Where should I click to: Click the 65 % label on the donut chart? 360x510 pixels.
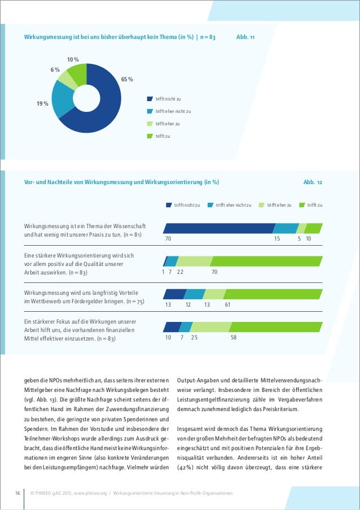coord(127,80)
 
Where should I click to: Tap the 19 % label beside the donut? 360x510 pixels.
coord(42,104)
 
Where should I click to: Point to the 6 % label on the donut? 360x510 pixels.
coord(55,69)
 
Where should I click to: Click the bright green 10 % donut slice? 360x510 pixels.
coord(77,73)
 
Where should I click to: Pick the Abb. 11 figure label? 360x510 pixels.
coord(245,37)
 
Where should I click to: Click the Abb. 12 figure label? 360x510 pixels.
coord(313,182)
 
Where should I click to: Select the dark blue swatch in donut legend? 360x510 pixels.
coord(150,99)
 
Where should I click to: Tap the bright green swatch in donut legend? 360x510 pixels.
coord(150,136)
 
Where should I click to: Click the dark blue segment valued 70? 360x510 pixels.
coord(219,228)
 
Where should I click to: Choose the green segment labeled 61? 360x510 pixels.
coord(273,294)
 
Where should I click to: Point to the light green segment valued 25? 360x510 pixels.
coord(211,327)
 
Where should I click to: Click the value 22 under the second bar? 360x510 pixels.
coord(180,272)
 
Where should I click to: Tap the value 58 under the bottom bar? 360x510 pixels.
coord(234,337)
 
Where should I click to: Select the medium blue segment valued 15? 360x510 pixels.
coord(286,228)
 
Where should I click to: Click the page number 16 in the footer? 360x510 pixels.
coord(17,493)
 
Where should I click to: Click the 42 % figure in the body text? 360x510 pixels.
coord(186,468)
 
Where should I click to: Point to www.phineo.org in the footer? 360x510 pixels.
coord(90,493)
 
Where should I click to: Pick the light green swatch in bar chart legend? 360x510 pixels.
coord(262,205)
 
